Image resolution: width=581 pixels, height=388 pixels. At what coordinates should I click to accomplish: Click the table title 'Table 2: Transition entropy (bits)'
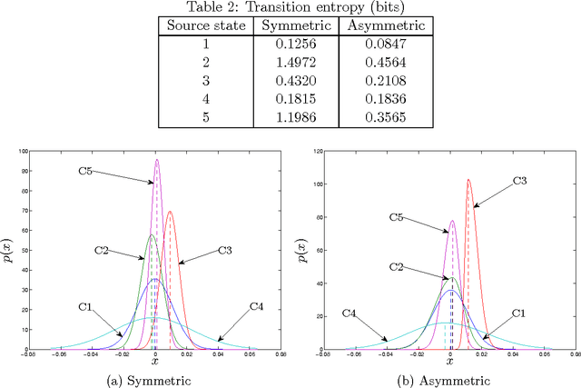(291, 7)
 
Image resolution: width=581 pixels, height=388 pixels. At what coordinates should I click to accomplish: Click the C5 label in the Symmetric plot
(87, 170)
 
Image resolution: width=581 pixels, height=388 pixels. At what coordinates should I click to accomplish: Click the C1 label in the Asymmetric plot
(518, 313)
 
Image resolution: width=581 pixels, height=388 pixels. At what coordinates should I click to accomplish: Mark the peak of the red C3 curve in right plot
(468, 180)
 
